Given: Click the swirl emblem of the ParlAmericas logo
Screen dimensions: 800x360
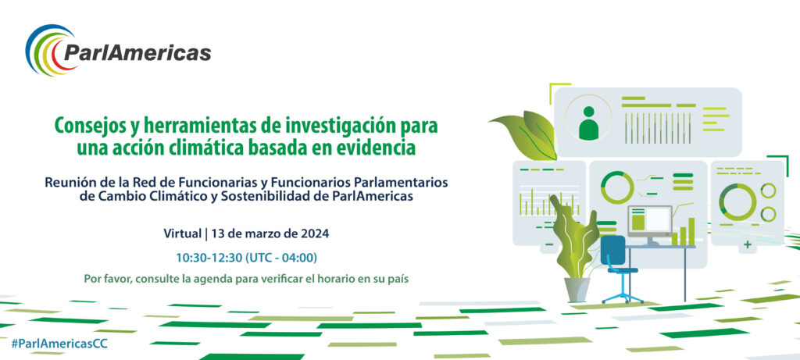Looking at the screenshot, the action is tap(45, 50).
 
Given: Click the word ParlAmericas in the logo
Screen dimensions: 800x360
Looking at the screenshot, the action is tap(137, 52).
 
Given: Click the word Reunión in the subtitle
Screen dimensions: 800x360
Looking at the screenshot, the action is tap(66, 183).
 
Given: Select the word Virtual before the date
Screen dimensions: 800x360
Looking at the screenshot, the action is tap(182, 234).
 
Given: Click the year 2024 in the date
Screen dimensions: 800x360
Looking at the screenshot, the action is tap(315, 234).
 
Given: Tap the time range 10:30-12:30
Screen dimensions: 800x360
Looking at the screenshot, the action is tap(209, 258).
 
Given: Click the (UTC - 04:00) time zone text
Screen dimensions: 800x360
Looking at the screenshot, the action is tap(281, 258).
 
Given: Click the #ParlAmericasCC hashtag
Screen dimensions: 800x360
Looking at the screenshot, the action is tap(59, 344).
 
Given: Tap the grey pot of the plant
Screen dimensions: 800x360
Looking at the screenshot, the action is tap(577, 290).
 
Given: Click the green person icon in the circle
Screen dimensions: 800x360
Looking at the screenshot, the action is tap(588, 123).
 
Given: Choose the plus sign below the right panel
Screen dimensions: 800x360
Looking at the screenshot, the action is tap(748, 244).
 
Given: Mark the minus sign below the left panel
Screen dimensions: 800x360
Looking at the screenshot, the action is tap(549, 245).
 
